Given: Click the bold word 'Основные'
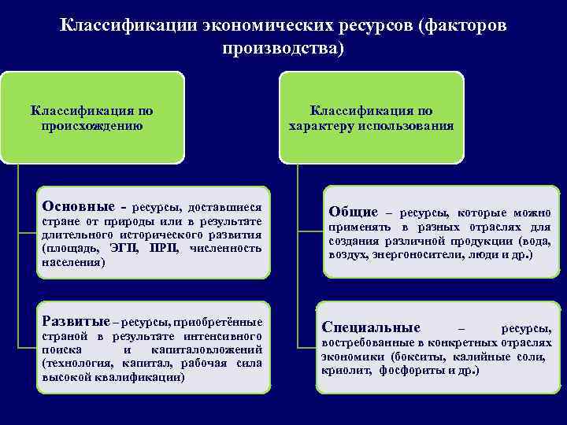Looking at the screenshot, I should click(76, 207).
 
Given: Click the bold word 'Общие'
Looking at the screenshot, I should click(354, 212).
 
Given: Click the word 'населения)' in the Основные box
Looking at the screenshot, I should click(72, 261).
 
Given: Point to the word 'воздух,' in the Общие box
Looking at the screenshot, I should click(348, 256).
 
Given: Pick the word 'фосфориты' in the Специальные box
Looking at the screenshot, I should click(409, 370).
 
